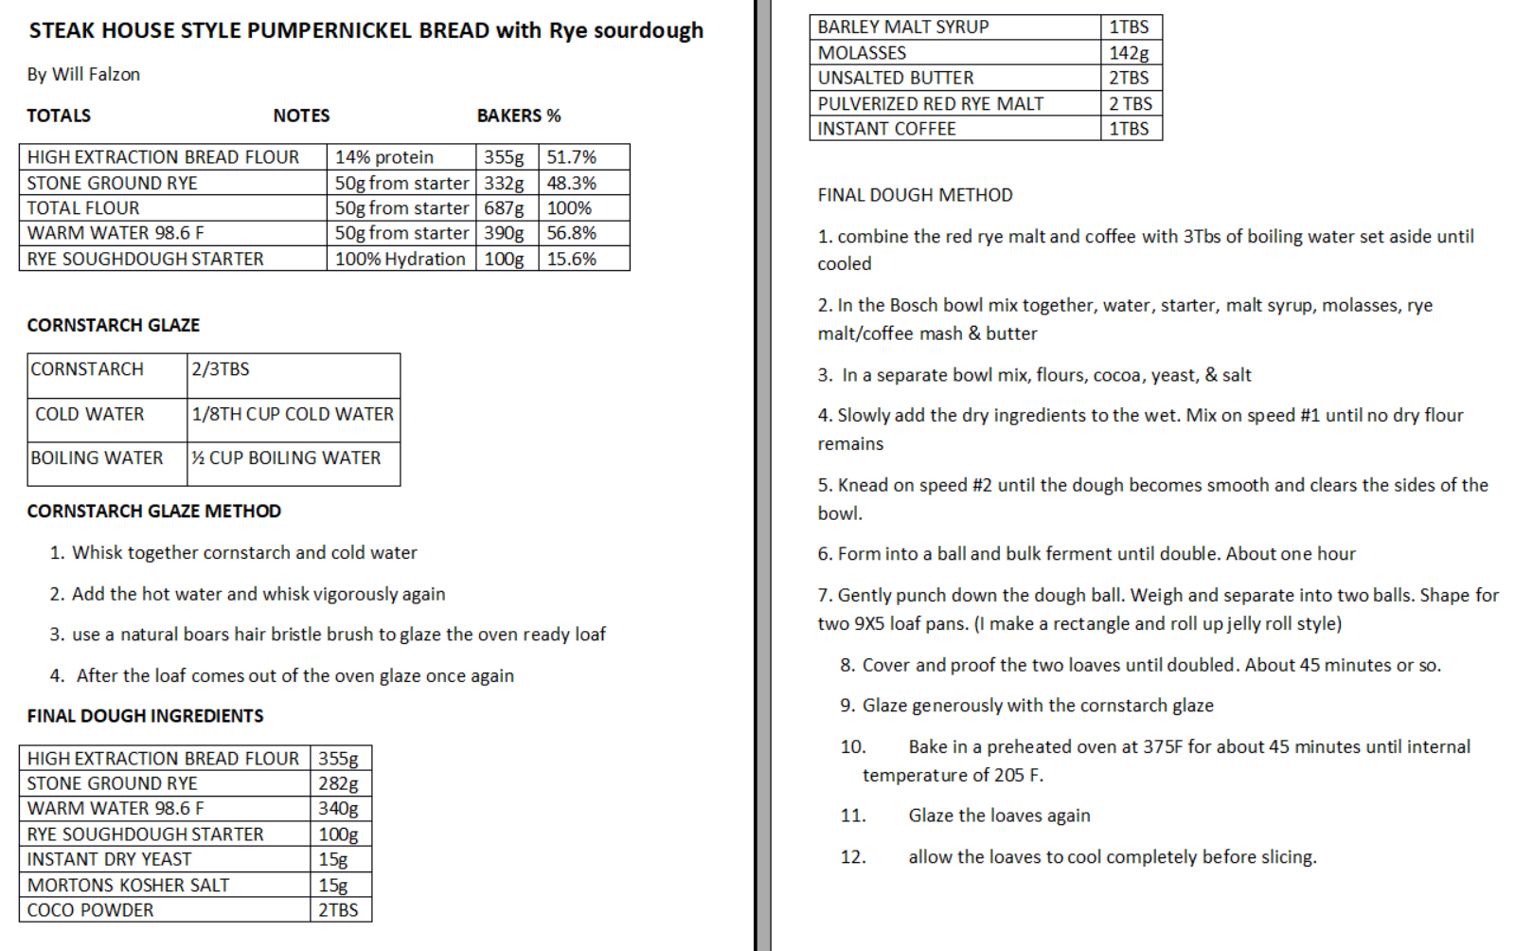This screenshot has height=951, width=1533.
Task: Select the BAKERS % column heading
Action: coord(518,116)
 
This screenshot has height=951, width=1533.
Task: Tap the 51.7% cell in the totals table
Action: coord(571,157)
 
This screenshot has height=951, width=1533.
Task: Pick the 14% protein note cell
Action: coord(384,157)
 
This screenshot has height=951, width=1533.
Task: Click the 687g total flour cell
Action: coord(504,208)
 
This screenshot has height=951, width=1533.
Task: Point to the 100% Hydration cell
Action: coord(400,259)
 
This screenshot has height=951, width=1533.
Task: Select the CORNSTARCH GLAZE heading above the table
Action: coord(113,325)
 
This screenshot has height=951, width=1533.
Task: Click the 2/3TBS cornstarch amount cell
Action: coord(221,369)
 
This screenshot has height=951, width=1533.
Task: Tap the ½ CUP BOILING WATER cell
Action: coord(286,458)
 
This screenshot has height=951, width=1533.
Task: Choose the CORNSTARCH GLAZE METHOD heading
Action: coord(153,511)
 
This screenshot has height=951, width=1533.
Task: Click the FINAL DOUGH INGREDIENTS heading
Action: coord(145,716)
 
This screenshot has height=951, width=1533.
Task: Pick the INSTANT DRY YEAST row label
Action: coord(109,859)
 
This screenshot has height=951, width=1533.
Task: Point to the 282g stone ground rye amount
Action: coord(338,783)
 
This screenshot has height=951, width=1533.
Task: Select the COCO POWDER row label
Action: coord(90,910)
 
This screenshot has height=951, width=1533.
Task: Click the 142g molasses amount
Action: coord(1129,53)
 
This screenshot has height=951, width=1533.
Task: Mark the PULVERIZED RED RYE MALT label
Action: coord(930,104)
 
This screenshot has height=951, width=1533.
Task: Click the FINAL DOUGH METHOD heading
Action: coord(915,195)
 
